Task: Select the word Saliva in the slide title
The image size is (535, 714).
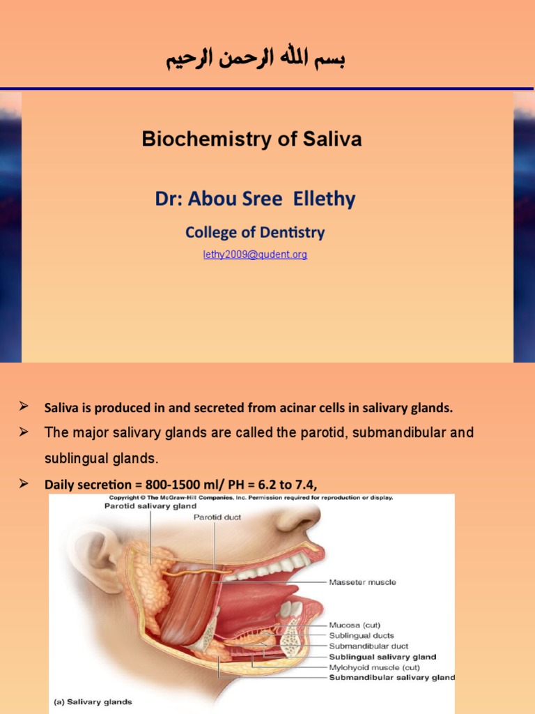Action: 332,139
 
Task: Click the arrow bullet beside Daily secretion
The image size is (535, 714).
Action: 23,483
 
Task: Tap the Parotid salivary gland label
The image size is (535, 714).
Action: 150,506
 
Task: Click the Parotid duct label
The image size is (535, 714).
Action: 214,518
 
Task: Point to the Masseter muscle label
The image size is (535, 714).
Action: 362,582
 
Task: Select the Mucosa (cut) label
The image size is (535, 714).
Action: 355,625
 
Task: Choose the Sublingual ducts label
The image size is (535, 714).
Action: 362,636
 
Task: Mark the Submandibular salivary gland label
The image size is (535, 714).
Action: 391,677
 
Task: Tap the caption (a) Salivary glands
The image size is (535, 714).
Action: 93,701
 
